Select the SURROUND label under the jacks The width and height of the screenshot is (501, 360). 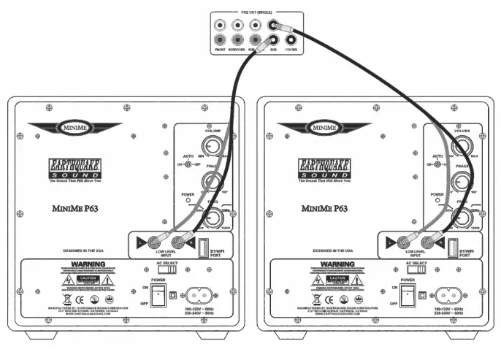click(x=237, y=50)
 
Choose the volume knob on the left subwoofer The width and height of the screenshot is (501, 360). click(x=212, y=146)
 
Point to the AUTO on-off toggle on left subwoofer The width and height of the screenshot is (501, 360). click(x=189, y=164)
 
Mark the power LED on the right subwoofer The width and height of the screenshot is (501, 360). click(x=438, y=202)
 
